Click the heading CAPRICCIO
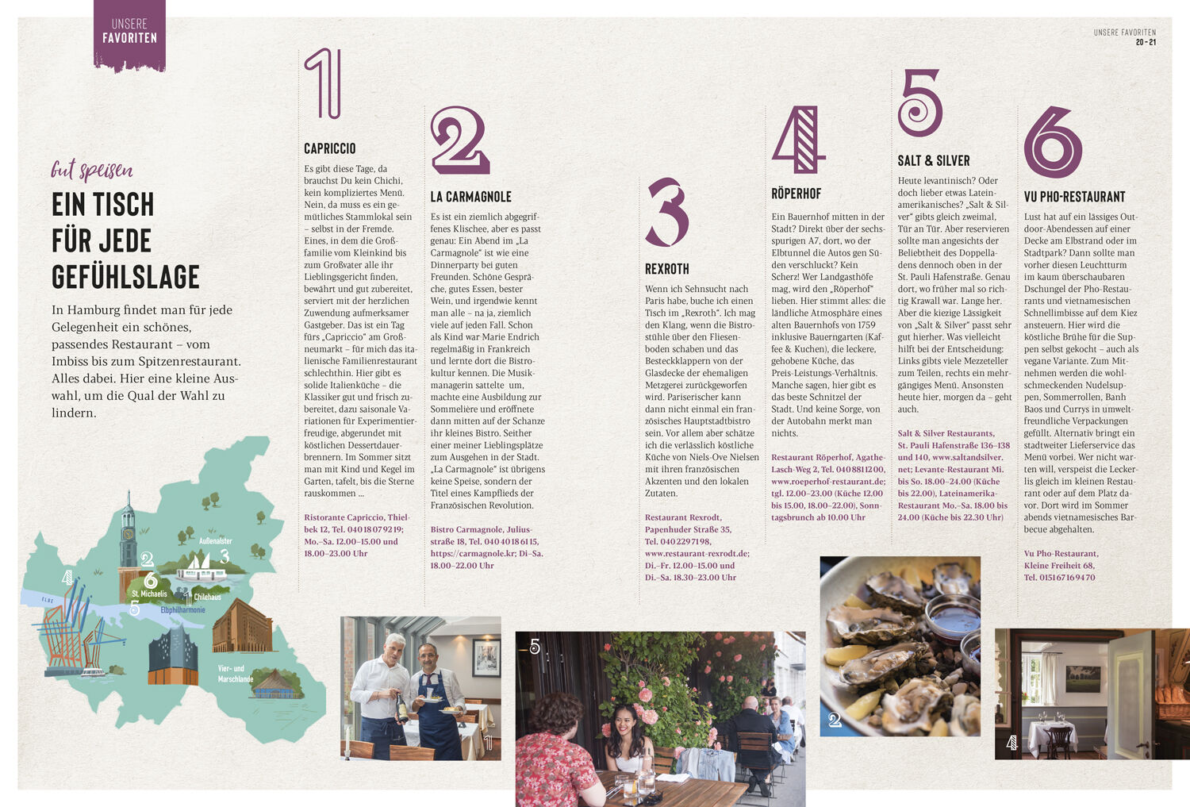[x=330, y=148]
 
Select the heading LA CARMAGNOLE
[x=470, y=197]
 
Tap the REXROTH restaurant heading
[x=666, y=269]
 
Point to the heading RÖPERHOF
[x=796, y=194]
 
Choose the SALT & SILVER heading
[x=934, y=161]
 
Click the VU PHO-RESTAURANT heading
[x=1074, y=197]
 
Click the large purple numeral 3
[x=668, y=212]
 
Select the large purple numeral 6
[x=1053, y=142]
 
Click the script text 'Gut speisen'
[x=91, y=170]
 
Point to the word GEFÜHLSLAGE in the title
[x=125, y=277]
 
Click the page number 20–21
[x=1146, y=43]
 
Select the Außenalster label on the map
[x=215, y=541]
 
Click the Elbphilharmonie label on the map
[x=182, y=610]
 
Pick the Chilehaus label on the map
[x=207, y=597]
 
